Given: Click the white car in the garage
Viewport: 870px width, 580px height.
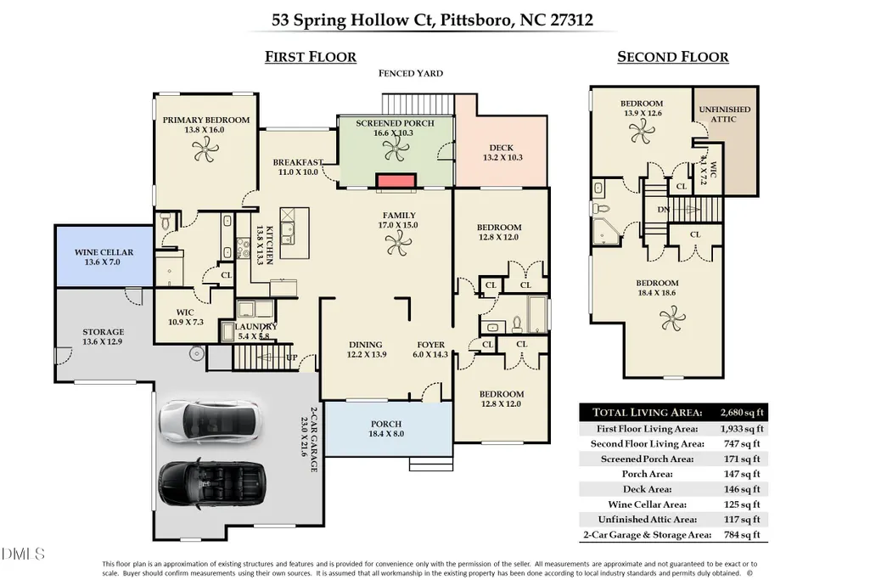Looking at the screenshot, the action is click(x=210, y=422).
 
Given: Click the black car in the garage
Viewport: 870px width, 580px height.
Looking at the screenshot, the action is click(x=212, y=483).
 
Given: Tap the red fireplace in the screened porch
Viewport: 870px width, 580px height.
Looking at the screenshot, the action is click(x=396, y=181).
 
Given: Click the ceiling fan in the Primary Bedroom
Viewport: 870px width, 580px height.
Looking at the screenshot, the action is click(x=206, y=149).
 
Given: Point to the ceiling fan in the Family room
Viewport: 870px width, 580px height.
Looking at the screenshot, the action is click(x=398, y=244).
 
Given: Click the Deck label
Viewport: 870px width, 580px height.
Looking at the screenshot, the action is click(x=502, y=148).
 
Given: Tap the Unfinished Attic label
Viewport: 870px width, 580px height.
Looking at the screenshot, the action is click(x=724, y=115).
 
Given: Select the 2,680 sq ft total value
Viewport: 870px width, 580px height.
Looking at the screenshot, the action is click(x=742, y=413).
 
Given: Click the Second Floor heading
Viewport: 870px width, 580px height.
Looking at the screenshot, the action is click(x=673, y=57).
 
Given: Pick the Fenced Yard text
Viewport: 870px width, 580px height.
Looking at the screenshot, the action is click(x=411, y=73).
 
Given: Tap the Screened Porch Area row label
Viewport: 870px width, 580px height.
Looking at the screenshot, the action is click(x=648, y=459).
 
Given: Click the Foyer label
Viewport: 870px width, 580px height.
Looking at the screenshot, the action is click(x=431, y=345).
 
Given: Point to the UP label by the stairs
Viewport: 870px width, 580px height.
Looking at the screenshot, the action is click(x=292, y=358).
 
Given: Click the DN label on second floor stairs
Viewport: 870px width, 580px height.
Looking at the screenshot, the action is click(x=664, y=209).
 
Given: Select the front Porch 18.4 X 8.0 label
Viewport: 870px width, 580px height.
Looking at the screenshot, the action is click(x=386, y=429).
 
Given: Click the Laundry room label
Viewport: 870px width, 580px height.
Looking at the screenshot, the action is click(x=255, y=327).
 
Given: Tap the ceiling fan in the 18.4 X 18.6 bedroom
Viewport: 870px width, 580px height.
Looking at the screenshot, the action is click(x=672, y=319).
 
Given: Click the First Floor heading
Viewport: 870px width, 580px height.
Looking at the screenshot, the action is click(x=310, y=57).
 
